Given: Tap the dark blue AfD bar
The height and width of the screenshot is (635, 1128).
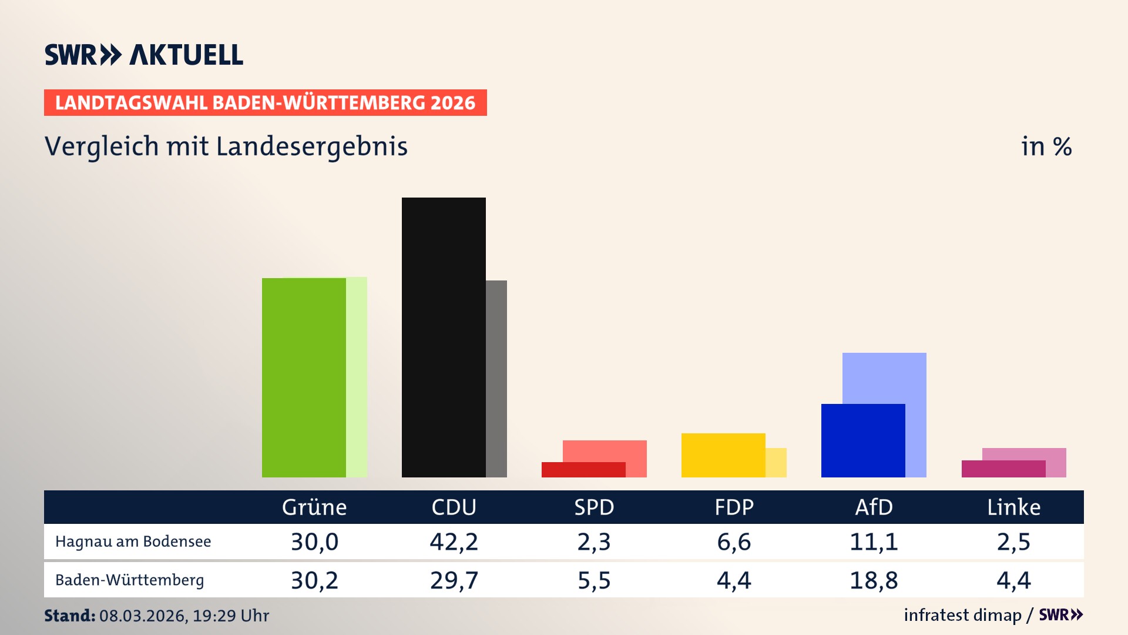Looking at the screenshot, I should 863,440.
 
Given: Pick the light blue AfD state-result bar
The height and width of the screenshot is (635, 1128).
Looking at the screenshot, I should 884,377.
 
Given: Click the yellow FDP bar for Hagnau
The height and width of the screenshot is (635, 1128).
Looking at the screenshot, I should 723,455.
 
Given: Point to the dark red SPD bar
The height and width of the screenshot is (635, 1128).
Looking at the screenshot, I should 583,470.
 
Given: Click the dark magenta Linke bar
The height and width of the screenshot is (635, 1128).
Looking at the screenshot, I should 1003,469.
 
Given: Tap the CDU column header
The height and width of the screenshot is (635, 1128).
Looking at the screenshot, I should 454,507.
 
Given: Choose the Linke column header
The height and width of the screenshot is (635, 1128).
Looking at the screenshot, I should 1013,507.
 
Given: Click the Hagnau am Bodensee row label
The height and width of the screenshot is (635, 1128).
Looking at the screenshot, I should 133,542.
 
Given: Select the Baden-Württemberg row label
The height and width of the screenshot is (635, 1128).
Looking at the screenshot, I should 129,580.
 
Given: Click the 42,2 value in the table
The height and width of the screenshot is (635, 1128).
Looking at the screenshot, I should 454,542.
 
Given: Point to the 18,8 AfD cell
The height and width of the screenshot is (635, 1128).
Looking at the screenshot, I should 874,580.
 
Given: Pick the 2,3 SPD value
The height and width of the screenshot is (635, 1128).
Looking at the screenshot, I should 594,542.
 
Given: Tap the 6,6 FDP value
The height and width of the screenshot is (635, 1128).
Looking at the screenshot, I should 734,542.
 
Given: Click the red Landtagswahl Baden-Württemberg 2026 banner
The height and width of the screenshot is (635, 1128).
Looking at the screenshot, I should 265,103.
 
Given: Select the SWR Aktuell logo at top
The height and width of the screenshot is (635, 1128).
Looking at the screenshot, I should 144,55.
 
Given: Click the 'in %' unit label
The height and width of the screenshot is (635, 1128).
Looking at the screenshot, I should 1046,146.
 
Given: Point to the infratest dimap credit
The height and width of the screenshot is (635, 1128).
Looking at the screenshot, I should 962,615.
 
